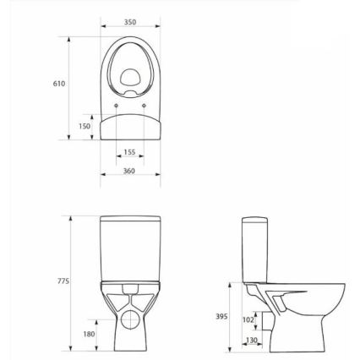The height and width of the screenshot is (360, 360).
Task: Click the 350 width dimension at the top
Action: [129, 22]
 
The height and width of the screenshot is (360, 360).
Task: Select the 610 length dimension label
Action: [59, 84]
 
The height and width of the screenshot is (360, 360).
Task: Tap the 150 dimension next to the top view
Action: [85, 126]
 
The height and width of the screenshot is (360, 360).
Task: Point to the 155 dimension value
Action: [129, 152]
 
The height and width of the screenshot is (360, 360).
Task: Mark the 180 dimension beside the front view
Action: [89, 334]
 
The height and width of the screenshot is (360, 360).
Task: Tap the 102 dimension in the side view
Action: [248, 320]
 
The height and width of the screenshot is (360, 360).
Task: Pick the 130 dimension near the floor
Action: [251, 340]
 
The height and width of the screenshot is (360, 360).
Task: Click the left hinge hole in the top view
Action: [115, 105]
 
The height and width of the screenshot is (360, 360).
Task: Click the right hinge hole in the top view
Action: [145, 105]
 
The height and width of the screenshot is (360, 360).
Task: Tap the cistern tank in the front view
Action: [129, 245]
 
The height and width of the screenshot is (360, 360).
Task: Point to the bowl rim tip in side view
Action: [341, 286]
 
